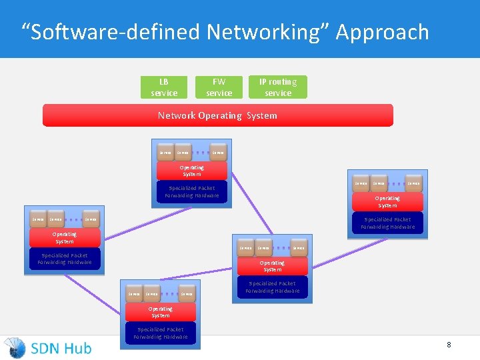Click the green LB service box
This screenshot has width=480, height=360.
click(x=164, y=87)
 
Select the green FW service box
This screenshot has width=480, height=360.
click(x=219, y=87)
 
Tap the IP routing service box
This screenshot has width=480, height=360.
click(x=278, y=87)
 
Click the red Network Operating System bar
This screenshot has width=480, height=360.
click(x=217, y=115)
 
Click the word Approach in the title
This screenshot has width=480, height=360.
click(x=382, y=32)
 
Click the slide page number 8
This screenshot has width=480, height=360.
click(x=449, y=345)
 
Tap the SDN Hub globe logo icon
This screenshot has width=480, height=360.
click(x=15, y=347)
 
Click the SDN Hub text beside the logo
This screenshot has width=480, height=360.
click(x=61, y=347)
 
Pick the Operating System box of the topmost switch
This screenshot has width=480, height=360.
click(x=192, y=171)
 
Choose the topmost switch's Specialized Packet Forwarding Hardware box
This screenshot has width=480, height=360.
click(x=192, y=192)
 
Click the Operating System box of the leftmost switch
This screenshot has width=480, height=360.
click(x=65, y=238)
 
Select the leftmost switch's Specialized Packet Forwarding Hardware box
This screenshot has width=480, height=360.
click(x=65, y=259)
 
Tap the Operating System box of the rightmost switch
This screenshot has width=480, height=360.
click(x=387, y=202)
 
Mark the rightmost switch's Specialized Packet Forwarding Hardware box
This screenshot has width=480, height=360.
click(x=387, y=223)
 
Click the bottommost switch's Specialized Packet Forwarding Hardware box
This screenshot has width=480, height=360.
click(x=161, y=333)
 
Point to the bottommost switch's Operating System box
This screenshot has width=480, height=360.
click(x=161, y=312)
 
